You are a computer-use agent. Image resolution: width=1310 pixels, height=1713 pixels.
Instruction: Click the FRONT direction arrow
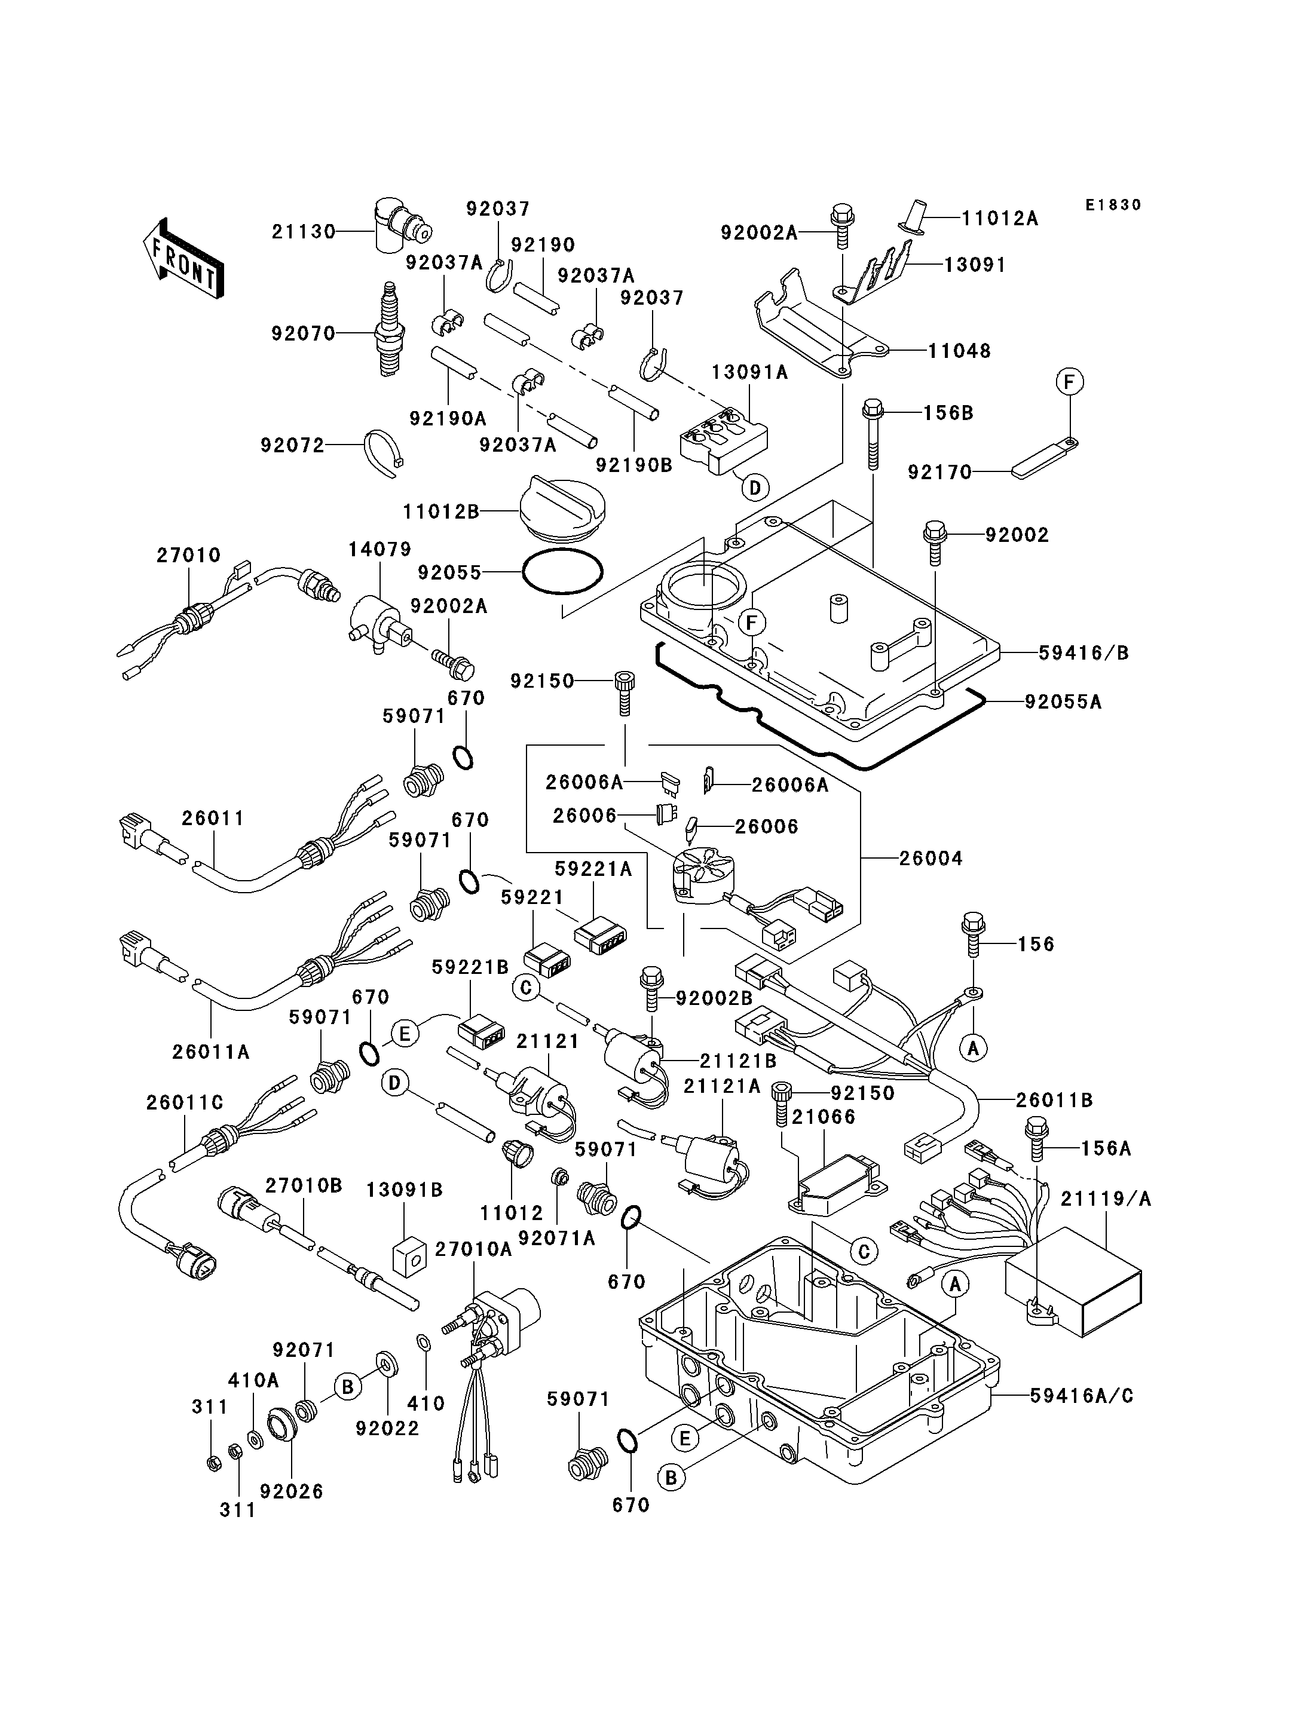tap(184, 258)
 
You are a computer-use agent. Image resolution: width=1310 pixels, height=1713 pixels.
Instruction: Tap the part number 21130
tap(304, 232)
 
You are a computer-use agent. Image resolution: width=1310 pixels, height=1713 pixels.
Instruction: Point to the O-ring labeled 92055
tap(562, 573)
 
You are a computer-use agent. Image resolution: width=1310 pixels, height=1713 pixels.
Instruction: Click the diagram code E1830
tap(1113, 205)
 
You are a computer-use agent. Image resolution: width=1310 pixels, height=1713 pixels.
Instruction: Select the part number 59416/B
tap(1084, 654)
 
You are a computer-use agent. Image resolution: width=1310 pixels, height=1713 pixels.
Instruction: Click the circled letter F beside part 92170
tap(1070, 382)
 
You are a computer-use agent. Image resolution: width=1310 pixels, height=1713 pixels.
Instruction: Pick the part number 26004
tap(931, 859)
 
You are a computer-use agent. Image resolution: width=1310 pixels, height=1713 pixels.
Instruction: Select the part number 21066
tap(824, 1117)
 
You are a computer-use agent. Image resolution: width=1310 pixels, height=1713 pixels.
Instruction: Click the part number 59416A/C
tap(1082, 1396)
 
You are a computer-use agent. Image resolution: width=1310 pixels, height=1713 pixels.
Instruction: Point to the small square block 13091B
tap(410, 1255)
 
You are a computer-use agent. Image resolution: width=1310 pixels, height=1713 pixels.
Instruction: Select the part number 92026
tap(292, 1491)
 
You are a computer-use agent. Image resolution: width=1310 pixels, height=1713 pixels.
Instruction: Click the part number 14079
tap(379, 550)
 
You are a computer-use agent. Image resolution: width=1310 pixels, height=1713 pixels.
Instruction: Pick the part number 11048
tap(959, 351)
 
